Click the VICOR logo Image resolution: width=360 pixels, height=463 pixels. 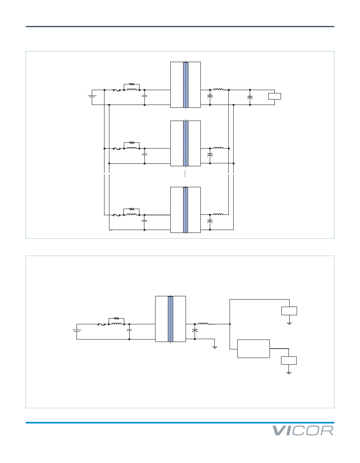tap(303, 431)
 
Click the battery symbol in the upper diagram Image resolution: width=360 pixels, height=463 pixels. tap(92, 96)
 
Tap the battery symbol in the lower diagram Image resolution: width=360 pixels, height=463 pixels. tap(77, 330)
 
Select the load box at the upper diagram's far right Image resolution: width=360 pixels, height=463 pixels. tap(274, 96)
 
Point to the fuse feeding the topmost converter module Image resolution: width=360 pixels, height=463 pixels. tap(116, 90)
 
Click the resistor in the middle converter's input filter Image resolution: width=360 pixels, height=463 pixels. tap(132, 143)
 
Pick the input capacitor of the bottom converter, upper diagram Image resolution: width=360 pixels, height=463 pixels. tap(144, 221)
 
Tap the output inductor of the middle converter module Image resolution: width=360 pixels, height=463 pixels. tap(218, 148)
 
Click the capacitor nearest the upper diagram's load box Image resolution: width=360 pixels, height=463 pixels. tap(250, 97)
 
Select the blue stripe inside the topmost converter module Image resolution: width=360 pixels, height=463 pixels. tap(186, 85)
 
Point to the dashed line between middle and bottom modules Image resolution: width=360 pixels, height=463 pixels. tap(185, 173)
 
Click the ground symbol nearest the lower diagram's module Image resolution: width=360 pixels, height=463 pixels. tap(215, 347)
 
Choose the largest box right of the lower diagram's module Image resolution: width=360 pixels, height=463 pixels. tap(253, 349)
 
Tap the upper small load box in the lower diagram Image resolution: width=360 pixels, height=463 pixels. tap(289, 311)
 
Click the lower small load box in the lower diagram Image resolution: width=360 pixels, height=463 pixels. tap(288, 361)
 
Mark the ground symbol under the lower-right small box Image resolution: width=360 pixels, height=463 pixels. tap(288, 373)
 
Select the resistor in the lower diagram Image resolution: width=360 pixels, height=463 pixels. tap(116, 318)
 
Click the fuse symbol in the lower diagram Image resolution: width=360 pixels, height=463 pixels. tap(101, 325)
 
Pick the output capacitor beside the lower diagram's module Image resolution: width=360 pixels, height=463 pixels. tap(195, 331)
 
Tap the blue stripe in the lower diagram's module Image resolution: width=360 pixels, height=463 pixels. tap(171, 319)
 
